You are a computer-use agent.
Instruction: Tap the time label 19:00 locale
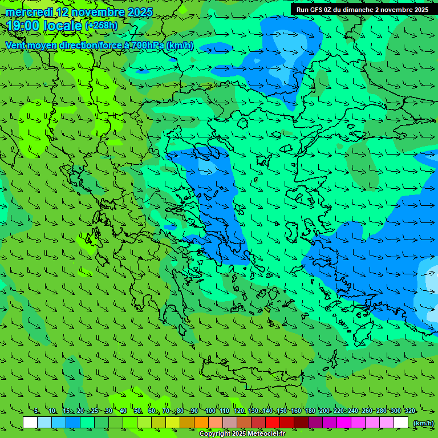tap(44, 25)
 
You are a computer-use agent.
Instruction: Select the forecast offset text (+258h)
tap(102, 26)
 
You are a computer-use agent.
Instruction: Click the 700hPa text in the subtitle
tap(147, 45)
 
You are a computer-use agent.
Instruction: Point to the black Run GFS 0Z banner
tap(362, 10)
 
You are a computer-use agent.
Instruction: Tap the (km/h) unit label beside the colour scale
tap(423, 423)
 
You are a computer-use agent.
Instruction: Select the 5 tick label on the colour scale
tap(37, 411)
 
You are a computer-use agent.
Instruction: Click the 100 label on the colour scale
tap(210, 411)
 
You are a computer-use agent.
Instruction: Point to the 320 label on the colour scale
tap(409, 411)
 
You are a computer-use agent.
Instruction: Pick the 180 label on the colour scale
tap(310, 411)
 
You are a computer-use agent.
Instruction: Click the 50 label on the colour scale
tap(137, 411)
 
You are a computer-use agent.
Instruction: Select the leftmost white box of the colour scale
tap(30, 423)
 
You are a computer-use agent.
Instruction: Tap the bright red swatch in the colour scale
tap(273, 423)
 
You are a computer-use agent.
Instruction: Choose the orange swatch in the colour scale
tap(201, 423)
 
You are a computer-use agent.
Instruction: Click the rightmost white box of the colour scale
tap(401, 423)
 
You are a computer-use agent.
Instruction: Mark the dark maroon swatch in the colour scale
tap(301, 423)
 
